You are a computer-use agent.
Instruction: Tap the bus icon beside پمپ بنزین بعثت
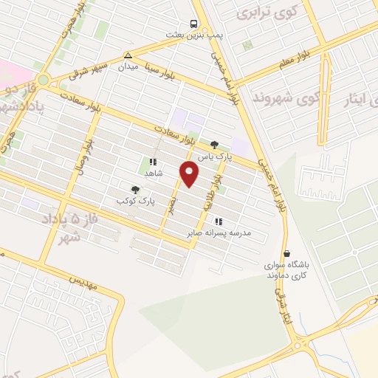[x=193, y=24]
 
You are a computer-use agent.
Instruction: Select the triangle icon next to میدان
[x=128, y=55]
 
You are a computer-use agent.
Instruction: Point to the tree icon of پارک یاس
[x=215, y=145]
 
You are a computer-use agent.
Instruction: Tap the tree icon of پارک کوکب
[x=134, y=190]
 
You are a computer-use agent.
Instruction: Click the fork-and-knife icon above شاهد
[x=153, y=162]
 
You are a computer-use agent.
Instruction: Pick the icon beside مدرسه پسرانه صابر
[x=218, y=221]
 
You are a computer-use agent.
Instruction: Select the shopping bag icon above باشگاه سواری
[x=286, y=253]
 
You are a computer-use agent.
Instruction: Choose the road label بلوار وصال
[x=87, y=148]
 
